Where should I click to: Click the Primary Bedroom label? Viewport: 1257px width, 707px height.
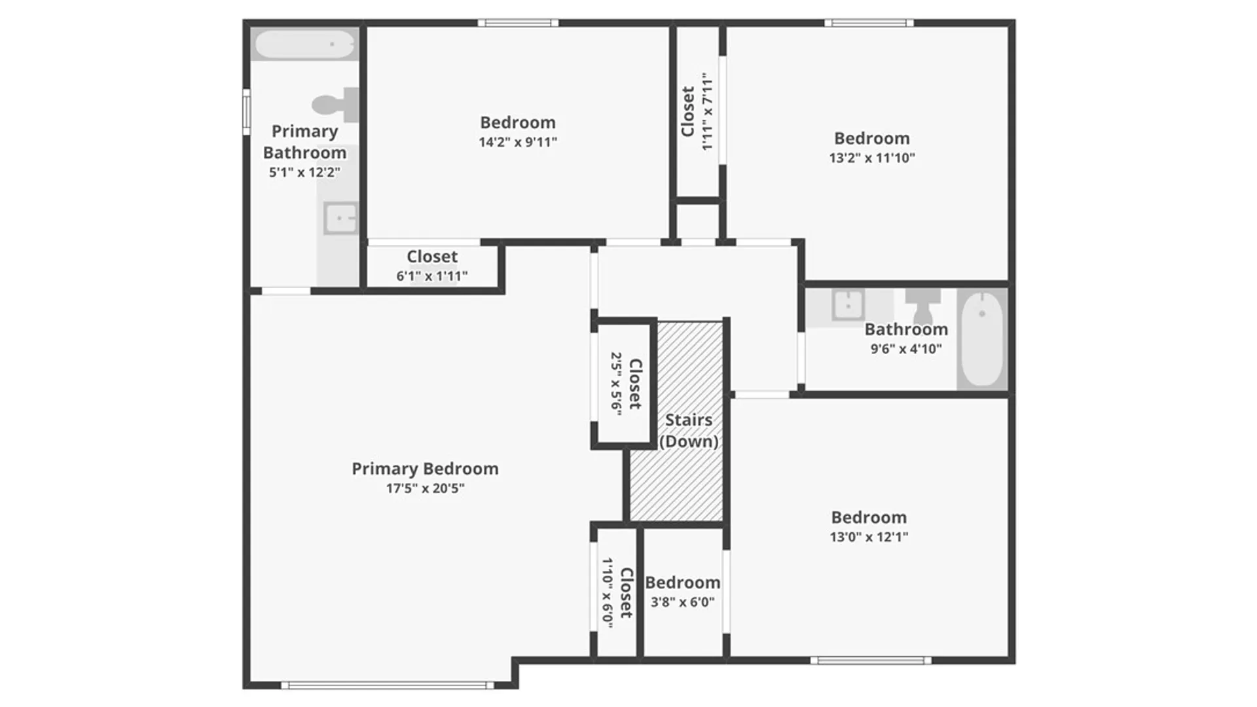click(425, 469)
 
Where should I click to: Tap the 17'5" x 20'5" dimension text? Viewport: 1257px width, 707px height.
click(425, 488)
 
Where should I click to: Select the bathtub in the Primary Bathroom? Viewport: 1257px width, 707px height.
click(304, 45)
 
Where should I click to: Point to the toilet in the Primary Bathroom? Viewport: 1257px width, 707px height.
click(335, 105)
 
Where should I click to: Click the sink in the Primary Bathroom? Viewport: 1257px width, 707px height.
click(340, 218)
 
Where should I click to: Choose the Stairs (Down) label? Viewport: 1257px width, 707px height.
click(689, 431)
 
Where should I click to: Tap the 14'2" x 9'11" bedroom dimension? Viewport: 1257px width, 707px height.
click(518, 142)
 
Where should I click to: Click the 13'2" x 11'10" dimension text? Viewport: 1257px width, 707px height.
click(872, 158)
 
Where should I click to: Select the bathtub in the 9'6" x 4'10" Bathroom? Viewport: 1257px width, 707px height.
click(982, 339)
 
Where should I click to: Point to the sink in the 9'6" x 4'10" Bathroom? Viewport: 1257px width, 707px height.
click(848, 305)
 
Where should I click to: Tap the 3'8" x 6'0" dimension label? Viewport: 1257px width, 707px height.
click(682, 602)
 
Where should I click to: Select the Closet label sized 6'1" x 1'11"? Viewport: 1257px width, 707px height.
click(432, 257)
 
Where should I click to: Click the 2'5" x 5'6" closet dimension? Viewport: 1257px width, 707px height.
click(616, 383)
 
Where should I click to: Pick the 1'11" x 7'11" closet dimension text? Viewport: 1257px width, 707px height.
click(707, 111)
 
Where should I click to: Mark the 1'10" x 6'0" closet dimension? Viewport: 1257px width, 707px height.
click(608, 593)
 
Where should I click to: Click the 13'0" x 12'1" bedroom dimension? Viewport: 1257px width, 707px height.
click(869, 537)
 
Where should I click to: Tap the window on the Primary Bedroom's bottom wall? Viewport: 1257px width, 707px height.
click(388, 685)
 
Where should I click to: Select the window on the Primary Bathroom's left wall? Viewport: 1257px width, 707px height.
click(247, 112)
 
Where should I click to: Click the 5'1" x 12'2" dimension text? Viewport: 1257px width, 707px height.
click(304, 173)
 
